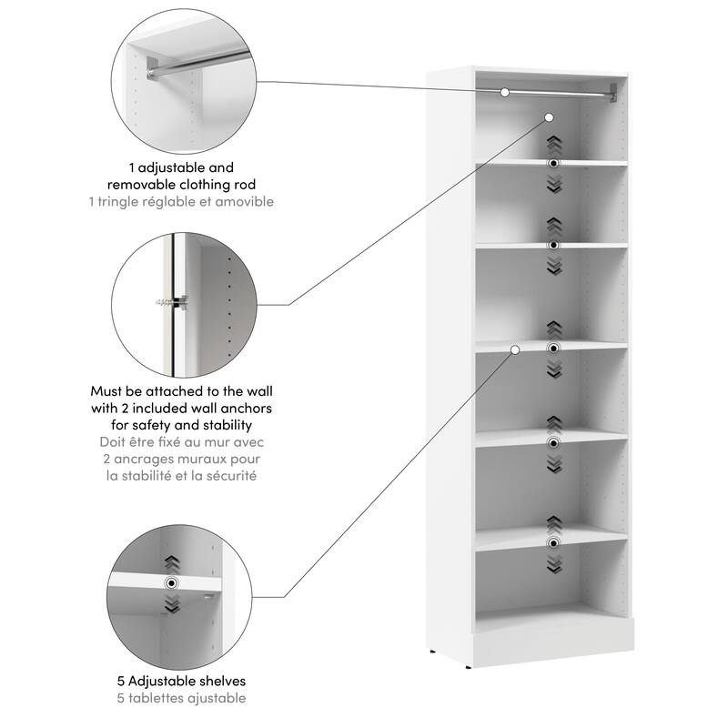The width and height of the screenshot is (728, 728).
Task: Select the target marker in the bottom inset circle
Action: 170,583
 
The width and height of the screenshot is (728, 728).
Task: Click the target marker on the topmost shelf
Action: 552,162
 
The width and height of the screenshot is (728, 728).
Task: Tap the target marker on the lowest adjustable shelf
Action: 552,543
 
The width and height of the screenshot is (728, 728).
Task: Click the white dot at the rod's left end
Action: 505,92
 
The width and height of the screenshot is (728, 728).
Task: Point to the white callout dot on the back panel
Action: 550,117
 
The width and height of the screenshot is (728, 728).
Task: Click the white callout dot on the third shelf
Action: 515,349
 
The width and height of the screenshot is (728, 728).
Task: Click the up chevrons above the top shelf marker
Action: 552,144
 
